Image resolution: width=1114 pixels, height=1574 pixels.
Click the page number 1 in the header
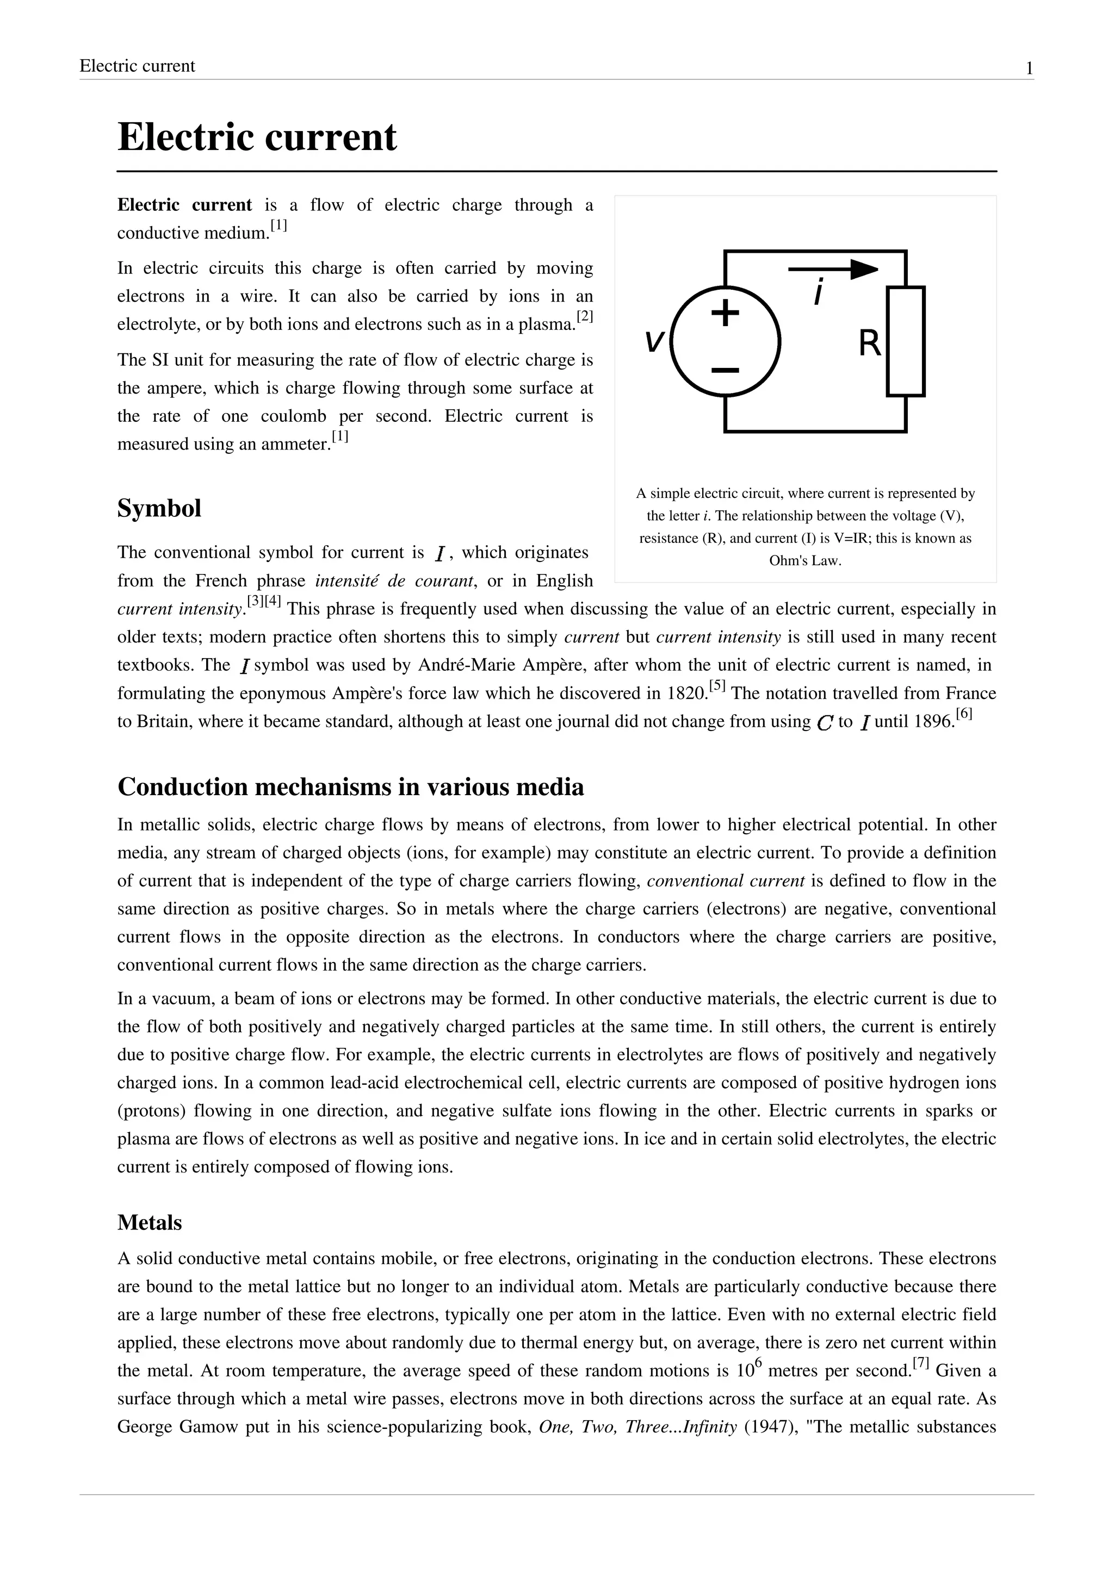1029,68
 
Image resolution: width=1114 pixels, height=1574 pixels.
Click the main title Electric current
257,136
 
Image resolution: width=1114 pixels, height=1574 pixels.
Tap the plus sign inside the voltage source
725,314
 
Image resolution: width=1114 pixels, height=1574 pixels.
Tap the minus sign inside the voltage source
725,371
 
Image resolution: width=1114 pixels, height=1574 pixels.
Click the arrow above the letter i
833,270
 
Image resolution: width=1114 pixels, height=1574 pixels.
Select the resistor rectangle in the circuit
906,341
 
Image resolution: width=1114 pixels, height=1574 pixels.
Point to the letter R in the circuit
869,343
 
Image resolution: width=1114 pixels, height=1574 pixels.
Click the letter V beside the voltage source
654,341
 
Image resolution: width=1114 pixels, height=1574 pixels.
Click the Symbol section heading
159,509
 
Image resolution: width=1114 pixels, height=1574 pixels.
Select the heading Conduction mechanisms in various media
350,787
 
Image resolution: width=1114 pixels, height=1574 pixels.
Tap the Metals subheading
150,1223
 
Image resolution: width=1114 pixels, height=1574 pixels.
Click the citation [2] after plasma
584,317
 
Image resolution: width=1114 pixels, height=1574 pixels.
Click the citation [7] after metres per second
920,1364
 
